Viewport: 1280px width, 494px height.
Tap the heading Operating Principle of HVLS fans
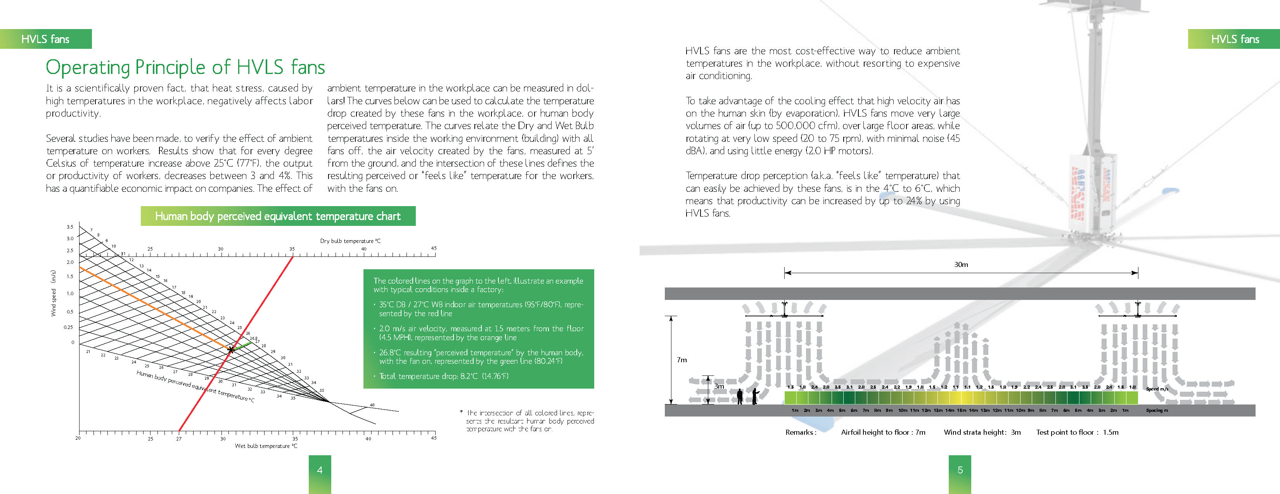pyautogui.click(x=185, y=67)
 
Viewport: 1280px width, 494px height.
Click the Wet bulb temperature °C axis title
pyautogui.click(x=266, y=446)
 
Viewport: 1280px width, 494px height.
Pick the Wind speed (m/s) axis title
pyautogui.click(x=53, y=293)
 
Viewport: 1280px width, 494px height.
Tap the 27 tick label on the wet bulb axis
pyautogui.click(x=179, y=439)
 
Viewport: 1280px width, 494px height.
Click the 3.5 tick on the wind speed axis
pyautogui.click(x=70, y=227)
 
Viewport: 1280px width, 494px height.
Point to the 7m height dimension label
pyautogui.click(x=682, y=360)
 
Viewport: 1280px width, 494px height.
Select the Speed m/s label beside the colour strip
pyautogui.click(x=1157, y=389)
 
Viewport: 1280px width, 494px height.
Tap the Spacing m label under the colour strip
pyautogui.click(x=1157, y=411)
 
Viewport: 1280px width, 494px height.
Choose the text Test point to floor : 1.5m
pyautogui.click(x=1077, y=432)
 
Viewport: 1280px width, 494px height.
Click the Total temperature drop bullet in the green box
pyautogui.click(x=443, y=376)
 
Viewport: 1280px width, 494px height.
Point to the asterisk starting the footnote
pyautogui.click(x=462, y=413)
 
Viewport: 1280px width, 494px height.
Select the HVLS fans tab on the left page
pyautogui.click(x=46, y=39)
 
